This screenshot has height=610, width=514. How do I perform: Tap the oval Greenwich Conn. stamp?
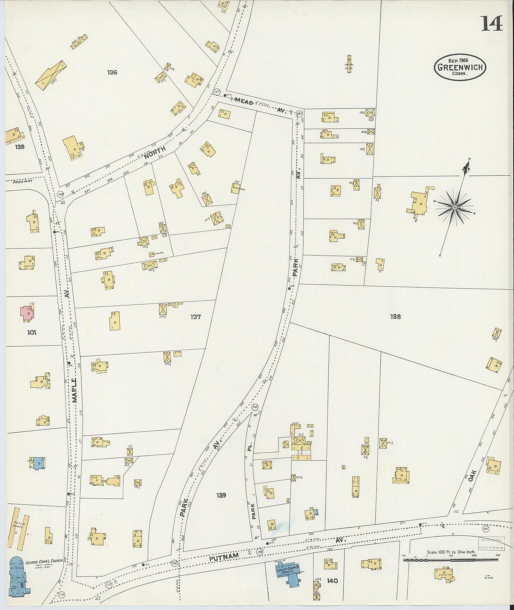click(x=460, y=67)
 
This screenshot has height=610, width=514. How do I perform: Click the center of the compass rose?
click(x=454, y=207)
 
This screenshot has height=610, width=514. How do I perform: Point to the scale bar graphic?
click(x=451, y=560)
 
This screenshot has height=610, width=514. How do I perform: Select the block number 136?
click(x=112, y=72)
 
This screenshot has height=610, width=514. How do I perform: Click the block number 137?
click(x=195, y=317)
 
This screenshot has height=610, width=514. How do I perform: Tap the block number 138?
click(x=395, y=316)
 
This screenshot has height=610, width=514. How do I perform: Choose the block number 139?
click(x=221, y=495)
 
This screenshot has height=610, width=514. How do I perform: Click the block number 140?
click(x=332, y=581)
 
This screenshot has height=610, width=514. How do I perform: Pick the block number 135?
click(x=20, y=147)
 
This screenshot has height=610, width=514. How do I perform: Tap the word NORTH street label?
click(x=155, y=153)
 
